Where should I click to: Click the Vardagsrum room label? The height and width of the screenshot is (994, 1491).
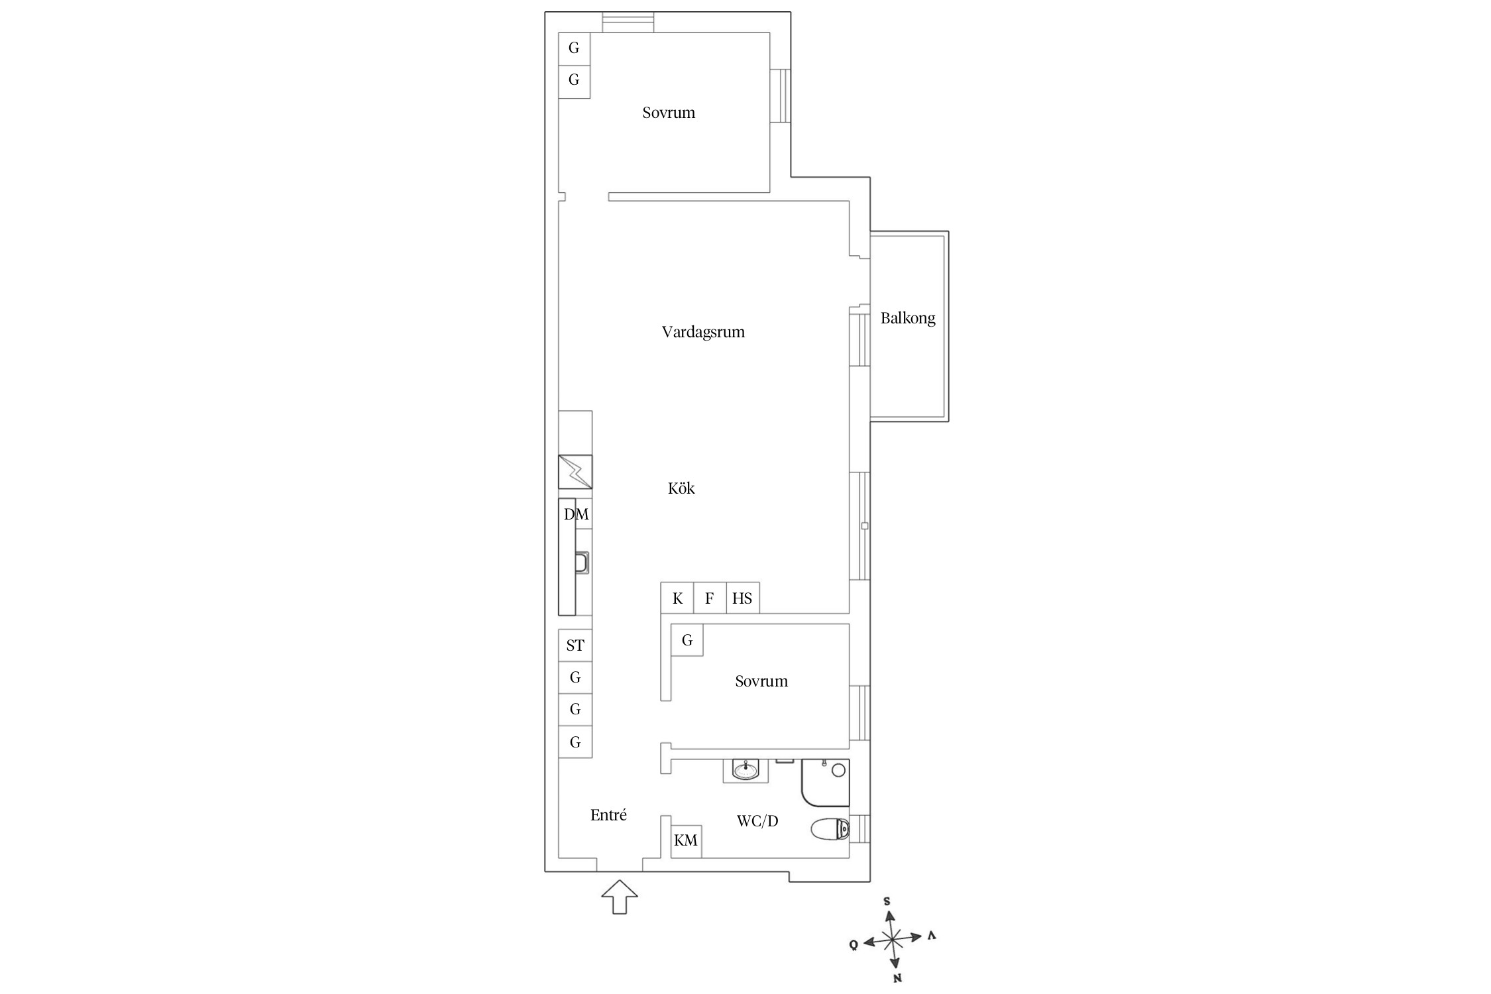(703, 332)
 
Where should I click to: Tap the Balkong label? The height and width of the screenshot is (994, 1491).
(908, 319)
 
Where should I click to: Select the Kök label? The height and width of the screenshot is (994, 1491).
(681, 488)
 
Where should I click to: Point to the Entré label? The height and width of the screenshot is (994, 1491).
(608, 815)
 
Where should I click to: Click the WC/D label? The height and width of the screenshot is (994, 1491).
(757, 822)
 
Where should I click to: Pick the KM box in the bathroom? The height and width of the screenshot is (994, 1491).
(686, 841)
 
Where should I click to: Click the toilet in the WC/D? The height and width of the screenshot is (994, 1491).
(830, 829)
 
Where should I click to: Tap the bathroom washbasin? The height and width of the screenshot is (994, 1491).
(745, 771)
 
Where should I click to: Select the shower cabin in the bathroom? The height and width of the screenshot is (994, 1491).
(825, 783)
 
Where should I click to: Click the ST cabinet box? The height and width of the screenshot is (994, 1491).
(575, 645)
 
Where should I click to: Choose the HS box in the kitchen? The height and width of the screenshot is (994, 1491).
(743, 598)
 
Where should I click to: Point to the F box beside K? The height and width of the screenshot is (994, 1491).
(710, 598)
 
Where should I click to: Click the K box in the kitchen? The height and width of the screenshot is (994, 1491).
(677, 598)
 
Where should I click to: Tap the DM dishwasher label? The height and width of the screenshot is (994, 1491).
(576, 514)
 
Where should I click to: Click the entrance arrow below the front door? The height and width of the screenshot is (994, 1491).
(620, 897)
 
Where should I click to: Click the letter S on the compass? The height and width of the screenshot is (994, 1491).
(887, 901)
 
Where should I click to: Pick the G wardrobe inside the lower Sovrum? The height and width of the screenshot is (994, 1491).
(687, 640)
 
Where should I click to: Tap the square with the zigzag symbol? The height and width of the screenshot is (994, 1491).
(575, 471)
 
